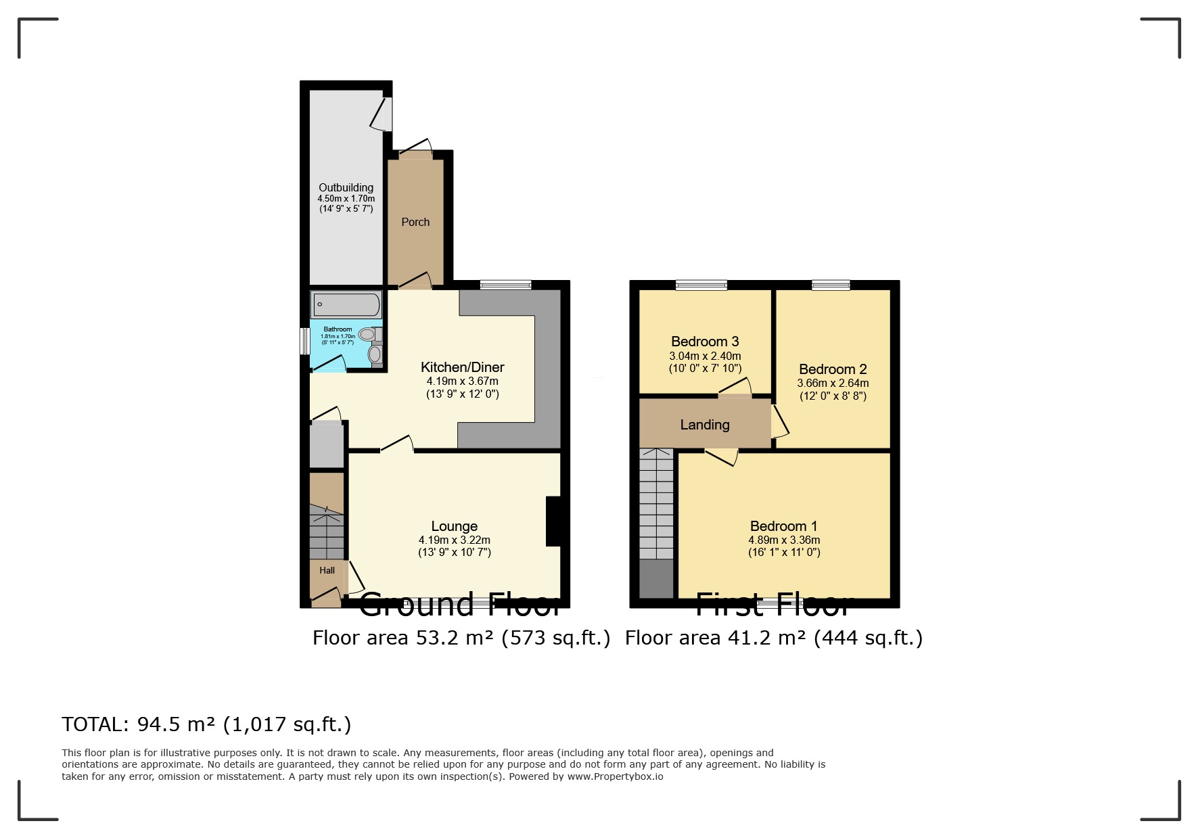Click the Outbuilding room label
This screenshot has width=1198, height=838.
346,187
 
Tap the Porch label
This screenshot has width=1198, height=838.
415,222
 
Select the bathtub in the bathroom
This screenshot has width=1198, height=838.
346,304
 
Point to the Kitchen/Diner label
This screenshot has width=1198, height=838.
463,367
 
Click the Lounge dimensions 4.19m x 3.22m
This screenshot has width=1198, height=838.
455,540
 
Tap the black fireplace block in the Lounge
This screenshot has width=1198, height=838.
553,521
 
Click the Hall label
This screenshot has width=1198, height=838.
327,570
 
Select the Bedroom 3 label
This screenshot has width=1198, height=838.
705,342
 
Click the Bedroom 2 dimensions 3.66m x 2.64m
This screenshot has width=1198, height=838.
833,383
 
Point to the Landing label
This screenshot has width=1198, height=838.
705,425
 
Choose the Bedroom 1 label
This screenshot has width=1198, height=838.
784,526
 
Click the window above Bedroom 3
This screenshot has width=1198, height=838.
701,285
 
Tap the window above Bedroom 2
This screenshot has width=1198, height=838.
831,285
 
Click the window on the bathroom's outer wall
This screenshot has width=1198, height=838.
305,341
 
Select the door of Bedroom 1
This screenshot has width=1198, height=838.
721,457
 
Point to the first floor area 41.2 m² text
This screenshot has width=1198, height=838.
773,638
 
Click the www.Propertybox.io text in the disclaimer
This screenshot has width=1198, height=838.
615,776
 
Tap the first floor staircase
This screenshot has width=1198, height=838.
657,504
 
